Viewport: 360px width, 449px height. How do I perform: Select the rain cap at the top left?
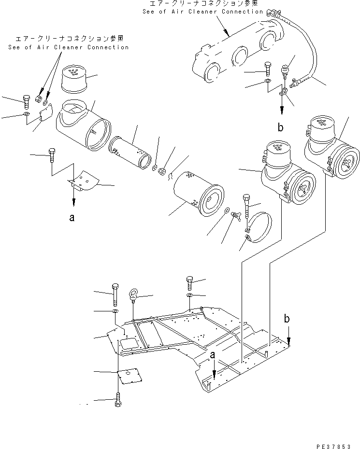(74, 78)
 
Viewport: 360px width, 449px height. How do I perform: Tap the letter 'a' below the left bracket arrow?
(72, 218)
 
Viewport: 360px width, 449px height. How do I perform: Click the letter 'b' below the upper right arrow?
(280, 127)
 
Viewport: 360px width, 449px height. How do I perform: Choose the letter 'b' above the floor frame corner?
(287, 320)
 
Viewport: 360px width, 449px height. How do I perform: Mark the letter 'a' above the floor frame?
(212, 355)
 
